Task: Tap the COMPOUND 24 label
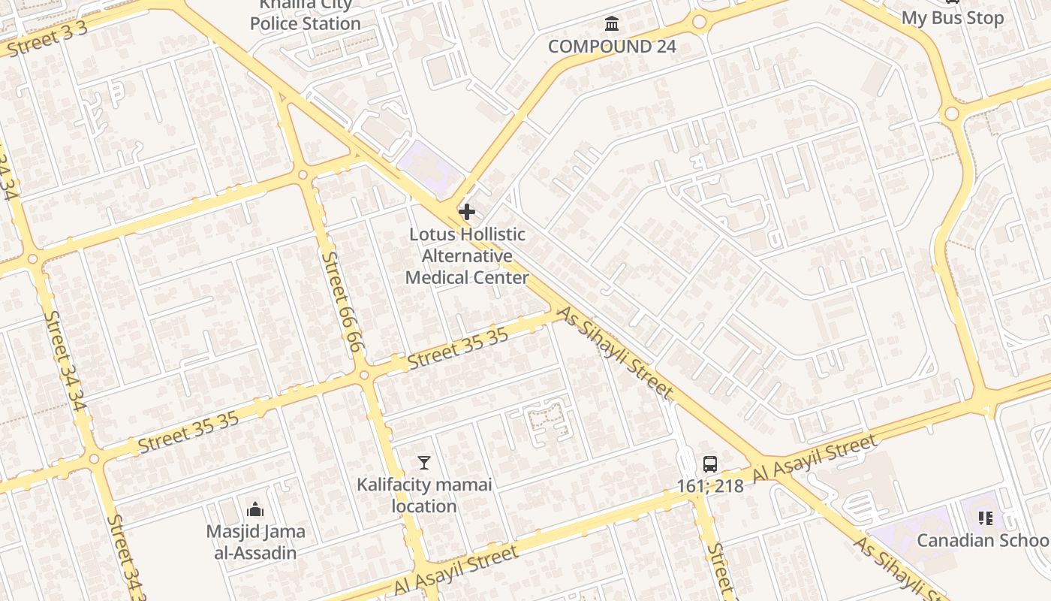coord(612,47)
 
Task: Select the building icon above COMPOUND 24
coord(612,25)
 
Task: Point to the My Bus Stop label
coord(952,18)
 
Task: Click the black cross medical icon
coord(467,212)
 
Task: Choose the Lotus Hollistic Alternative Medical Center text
coord(467,256)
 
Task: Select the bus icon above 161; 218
coord(710,464)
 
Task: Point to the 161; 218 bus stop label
coord(710,486)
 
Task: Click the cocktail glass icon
coord(424,463)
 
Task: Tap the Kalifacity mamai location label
coord(424,495)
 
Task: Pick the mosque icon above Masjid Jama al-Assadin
coord(255,510)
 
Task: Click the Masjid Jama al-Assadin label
coord(255,542)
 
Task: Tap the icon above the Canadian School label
coord(986,518)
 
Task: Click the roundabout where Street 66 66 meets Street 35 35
coord(364,374)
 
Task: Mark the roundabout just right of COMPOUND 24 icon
coord(700,23)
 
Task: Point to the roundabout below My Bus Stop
coord(952,114)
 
